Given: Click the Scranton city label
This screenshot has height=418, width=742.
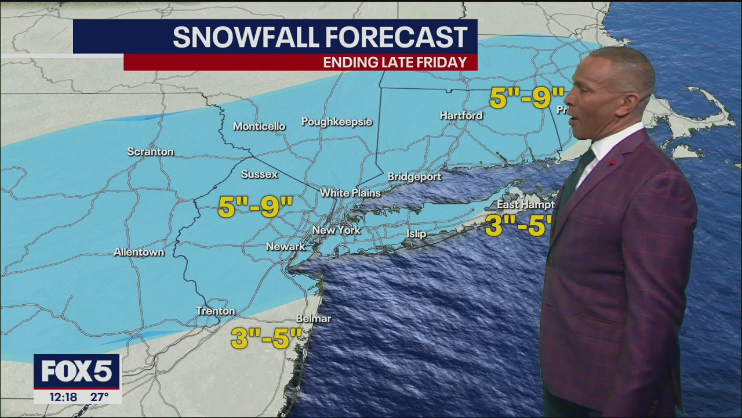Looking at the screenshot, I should (x=150, y=152).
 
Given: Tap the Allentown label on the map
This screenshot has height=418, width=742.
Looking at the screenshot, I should (x=139, y=252).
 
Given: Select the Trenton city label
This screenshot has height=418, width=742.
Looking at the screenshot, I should (x=216, y=311).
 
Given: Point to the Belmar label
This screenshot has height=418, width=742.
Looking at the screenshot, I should (x=314, y=319).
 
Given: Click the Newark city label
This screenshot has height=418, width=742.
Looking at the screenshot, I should (x=285, y=247).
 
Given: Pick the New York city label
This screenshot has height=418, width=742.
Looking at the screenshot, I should (x=336, y=230).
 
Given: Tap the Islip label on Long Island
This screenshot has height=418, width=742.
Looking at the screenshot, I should (x=416, y=234).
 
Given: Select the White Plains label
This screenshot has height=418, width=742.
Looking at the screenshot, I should (x=350, y=193).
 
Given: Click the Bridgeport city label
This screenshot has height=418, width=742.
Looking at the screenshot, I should (x=414, y=177).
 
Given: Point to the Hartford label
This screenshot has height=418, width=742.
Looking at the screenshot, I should (x=461, y=116).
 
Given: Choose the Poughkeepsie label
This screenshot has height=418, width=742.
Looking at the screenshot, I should (x=337, y=122).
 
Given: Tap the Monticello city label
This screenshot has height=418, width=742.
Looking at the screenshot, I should (x=259, y=127).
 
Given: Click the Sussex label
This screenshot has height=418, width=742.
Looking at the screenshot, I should (x=259, y=174).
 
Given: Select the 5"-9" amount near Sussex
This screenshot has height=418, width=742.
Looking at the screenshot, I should (x=255, y=207).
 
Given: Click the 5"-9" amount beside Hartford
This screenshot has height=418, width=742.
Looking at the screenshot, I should (x=526, y=98).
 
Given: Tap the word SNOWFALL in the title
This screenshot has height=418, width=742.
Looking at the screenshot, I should (x=245, y=37).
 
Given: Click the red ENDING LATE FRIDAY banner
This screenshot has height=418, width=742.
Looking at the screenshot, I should (x=300, y=62).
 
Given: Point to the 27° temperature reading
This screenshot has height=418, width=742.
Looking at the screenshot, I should (x=100, y=397).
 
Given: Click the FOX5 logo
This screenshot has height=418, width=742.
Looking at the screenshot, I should (x=77, y=372).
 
